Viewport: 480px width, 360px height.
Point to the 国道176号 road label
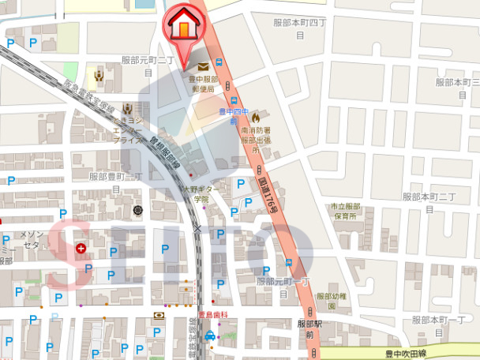(269, 195)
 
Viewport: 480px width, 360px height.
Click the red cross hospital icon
(81, 249)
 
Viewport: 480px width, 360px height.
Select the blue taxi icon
(210, 336)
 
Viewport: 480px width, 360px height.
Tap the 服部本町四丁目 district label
(298, 30)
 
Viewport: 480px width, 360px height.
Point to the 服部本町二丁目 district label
(430, 202)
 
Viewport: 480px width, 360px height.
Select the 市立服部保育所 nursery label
(344, 211)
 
